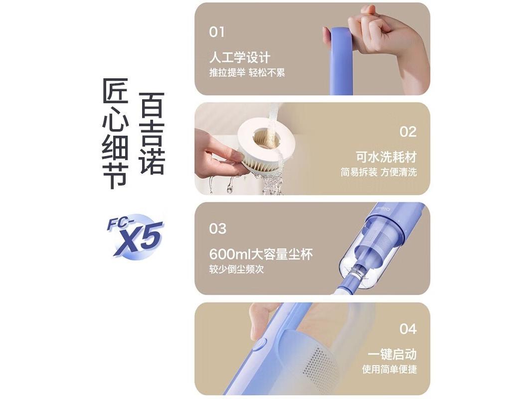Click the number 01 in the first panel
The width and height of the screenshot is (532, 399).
216,32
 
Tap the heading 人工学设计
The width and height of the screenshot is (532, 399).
239,57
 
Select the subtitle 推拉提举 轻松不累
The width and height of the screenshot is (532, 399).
247,73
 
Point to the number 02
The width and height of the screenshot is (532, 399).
407,132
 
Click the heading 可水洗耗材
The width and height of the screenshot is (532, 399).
386,157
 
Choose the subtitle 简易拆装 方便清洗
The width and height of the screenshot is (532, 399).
378,172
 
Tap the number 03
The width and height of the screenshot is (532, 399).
217,229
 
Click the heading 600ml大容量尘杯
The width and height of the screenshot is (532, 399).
261,254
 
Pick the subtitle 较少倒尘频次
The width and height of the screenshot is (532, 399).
236,269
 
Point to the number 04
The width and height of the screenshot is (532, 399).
407,329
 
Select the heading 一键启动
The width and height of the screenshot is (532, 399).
392,354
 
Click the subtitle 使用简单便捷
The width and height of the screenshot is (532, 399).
389,369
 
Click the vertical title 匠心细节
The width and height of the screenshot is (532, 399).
115,133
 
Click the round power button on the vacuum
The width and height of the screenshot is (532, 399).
260,345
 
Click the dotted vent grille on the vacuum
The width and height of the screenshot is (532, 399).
317,364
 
